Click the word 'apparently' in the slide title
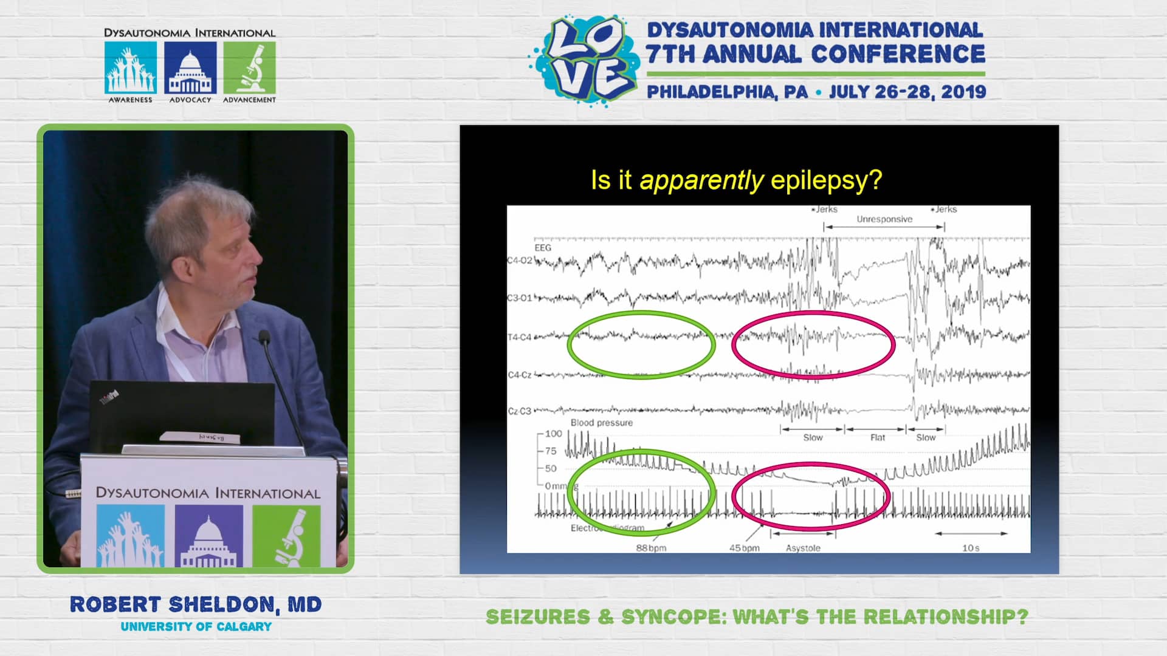(701, 180)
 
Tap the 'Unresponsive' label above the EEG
(884, 219)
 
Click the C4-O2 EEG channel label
(520, 261)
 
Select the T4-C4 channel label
(520, 337)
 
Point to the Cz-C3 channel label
(520, 411)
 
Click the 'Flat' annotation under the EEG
(877, 437)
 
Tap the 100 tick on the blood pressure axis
(553, 434)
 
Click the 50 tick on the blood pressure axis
(551, 468)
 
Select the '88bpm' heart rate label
(651, 548)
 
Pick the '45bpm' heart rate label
(745, 548)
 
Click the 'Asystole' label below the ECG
(803, 548)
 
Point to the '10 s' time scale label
(971, 548)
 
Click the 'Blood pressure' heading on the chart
(601, 423)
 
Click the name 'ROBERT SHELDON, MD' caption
(196, 605)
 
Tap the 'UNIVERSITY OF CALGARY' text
(196, 627)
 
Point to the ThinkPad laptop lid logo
(109, 398)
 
